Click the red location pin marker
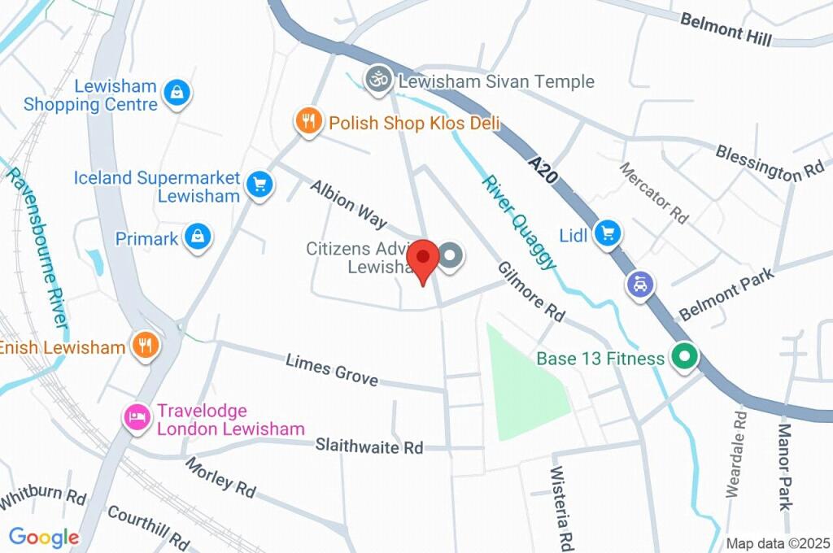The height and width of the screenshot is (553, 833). [x=423, y=259]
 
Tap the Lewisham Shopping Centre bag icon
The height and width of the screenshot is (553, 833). [x=176, y=93]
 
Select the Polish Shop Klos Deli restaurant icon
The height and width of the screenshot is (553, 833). [x=307, y=123]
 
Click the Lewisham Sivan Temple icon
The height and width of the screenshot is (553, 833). [x=377, y=80]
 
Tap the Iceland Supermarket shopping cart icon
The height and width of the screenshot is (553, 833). [x=259, y=184]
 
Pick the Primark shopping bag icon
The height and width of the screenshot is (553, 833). [x=197, y=238]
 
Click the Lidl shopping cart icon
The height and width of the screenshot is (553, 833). [x=607, y=235]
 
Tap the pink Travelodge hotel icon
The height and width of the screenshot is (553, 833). [x=137, y=418]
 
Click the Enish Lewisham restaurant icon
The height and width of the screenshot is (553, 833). [x=146, y=346]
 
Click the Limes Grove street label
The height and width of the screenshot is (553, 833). [x=331, y=370]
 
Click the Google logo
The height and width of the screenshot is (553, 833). [x=44, y=538]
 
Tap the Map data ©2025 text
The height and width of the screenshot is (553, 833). [x=776, y=543]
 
